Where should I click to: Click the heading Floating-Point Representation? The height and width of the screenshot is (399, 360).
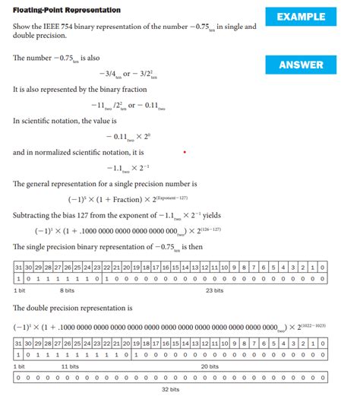[x=67, y=10]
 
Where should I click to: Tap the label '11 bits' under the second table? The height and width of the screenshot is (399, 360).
[x=69, y=366]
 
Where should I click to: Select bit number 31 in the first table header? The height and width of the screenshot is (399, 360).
[x=18, y=268]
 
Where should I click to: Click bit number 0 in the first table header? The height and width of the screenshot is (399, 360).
[x=324, y=268]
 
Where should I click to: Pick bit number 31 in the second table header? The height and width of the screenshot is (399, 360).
[x=18, y=343]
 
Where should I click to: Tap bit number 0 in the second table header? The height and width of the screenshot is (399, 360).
[x=324, y=343]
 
